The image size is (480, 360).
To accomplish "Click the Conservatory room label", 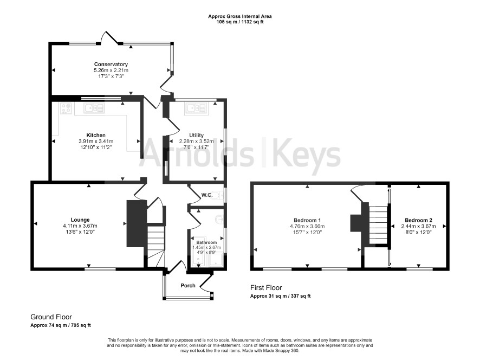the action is tap(111, 64).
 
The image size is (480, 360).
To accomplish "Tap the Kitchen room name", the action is tap(96, 135).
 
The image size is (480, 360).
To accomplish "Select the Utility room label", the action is tap(196, 135).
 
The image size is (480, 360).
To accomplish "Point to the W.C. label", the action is tap(207, 195).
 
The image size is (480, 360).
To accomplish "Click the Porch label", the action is tap(188, 286).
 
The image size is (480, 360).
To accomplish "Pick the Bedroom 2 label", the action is tap(418, 220).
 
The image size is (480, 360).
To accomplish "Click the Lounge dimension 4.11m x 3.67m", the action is tap(80, 226).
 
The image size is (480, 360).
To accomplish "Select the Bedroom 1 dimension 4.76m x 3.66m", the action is tap(307, 226).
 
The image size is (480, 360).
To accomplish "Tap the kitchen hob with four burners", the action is tap(66, 108).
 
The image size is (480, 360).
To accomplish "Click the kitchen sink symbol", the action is tap(94, 108).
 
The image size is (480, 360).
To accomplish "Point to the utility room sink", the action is tap(196, 108).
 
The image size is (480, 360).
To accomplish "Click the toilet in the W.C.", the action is tap(218, 195).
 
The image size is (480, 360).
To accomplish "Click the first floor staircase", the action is tap(378, 224).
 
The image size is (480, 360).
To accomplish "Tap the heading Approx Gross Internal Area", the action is tap(239, 16).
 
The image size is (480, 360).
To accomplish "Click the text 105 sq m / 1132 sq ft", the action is tap(240, 22).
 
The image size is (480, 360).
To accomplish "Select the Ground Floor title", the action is tap(51, 317).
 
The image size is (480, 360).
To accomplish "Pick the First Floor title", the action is tap(266, 288).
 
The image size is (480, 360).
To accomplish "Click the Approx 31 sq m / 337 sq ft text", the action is tap(281, 296).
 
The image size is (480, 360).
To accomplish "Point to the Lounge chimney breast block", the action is tap(136, 223).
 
